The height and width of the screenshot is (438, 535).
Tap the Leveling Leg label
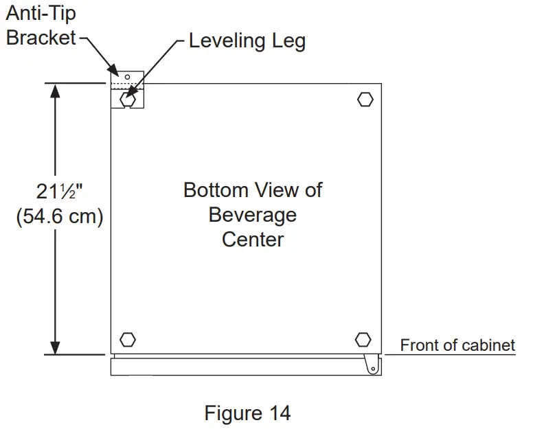coord(247,41)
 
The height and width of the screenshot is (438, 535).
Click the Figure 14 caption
coord(247,413)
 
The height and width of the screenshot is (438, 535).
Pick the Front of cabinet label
coord(457,345)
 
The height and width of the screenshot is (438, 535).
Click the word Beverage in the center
coord(253,215)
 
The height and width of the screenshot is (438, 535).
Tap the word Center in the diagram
coord(253,240)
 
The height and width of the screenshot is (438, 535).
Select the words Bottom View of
coord(253,190)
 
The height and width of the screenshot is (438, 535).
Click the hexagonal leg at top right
coord(365,100)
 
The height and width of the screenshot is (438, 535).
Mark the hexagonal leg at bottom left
coord(127,339)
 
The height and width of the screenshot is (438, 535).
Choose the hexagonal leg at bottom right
coord(363,339)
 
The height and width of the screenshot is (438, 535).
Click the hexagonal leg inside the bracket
coord(127,100)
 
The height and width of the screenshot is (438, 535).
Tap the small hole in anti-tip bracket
coord(127,76)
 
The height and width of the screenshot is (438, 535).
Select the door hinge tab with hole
coord(372,364)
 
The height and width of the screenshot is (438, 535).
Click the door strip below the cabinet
coord(240,367)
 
